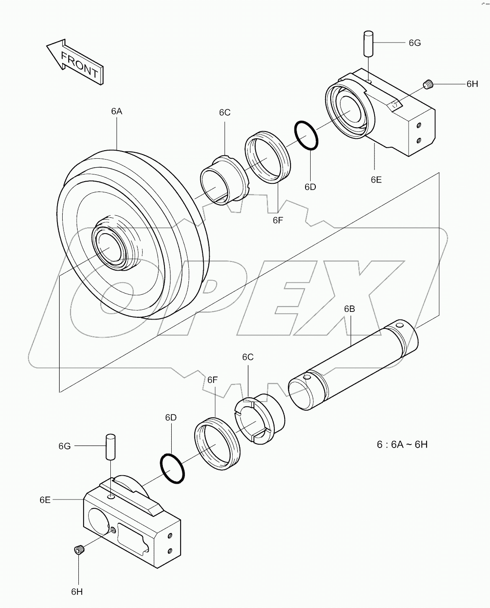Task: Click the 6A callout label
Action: click(117, 111)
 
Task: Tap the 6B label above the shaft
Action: click(349, 309)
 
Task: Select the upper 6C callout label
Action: click(225, 112)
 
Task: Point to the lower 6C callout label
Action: click(248, 357)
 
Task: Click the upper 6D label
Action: click(310, 187)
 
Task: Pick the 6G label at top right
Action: click(415, 43)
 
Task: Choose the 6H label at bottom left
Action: click(77, 591)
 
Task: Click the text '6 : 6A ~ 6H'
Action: click(402, 445)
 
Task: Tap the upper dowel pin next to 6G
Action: click(369, 43)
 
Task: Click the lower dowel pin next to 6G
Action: click(111, 446)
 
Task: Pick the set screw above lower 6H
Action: click(78, 551)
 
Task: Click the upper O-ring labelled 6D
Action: click(306, 135)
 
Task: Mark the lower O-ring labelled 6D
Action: click(173, 468)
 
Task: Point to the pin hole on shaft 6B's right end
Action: click(400, 326)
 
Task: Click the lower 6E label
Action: click(45, 500)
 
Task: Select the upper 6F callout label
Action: click(277, 220)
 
